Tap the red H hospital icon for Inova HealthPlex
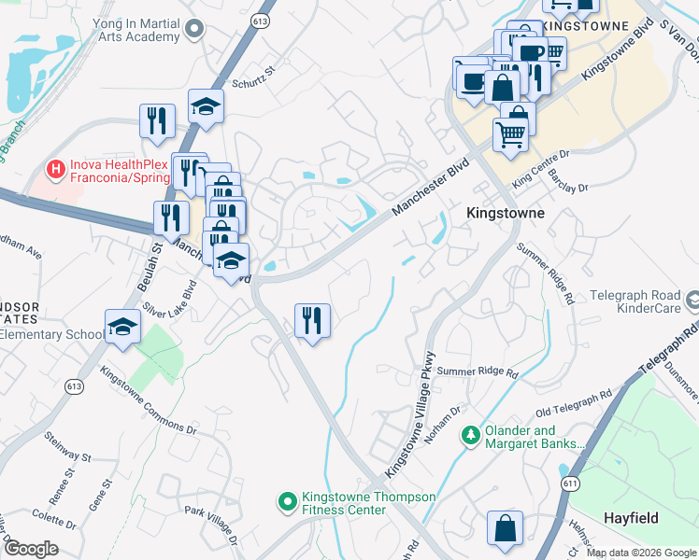(56, 170)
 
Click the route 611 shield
(569, 483)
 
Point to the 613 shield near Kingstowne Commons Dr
(74, 385)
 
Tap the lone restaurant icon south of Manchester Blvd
(312, 321)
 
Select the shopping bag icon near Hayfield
(505, 528)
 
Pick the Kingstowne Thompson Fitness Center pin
(288, 502)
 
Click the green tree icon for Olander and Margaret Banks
(470, 436)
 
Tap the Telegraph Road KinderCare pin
(692, 301)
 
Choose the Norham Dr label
(444, 425)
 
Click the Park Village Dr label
(210, 520)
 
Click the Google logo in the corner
(31, 549)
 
